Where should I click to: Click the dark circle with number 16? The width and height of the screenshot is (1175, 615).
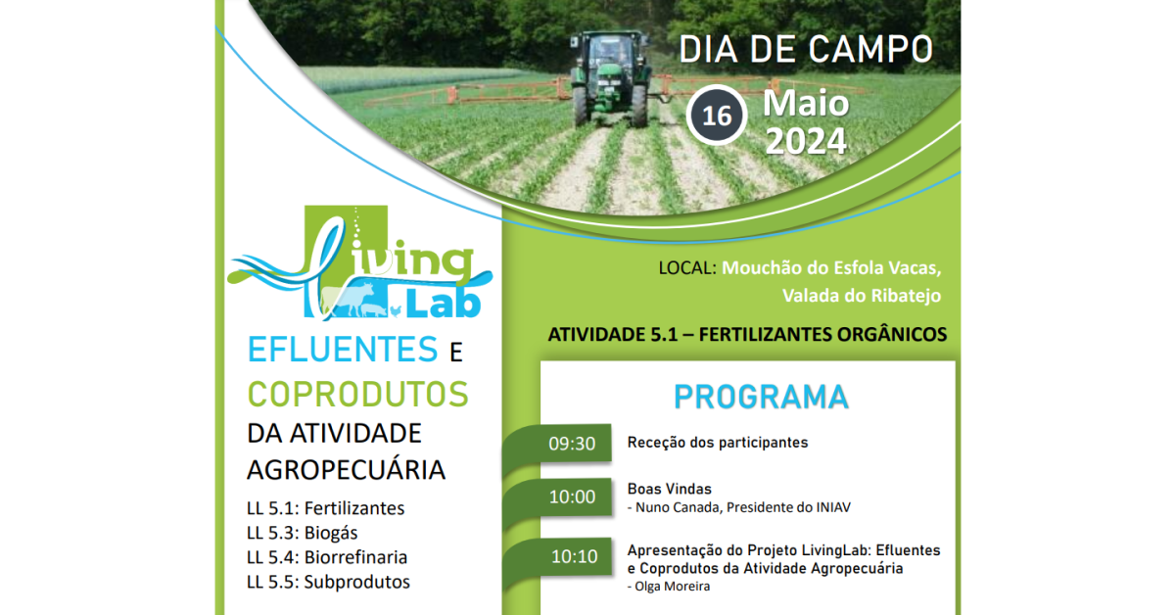click(717, 116)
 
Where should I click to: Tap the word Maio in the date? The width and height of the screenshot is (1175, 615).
click(806, 104)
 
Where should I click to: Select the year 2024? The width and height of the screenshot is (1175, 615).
click(806, 141)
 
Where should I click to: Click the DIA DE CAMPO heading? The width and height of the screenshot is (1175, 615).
click(806, 50)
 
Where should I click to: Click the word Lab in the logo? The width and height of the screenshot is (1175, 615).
click(444, 304)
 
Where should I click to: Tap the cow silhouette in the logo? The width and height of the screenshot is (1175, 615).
click(348, 299)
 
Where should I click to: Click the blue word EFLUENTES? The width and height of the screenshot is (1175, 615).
click(343, 350)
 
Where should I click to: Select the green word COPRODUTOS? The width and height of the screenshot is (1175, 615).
click(357, 395)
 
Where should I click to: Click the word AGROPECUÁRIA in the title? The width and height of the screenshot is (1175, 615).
click(347, 470)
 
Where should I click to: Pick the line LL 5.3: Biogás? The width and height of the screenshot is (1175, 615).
click(303, 533)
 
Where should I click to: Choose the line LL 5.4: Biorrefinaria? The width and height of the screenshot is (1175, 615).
click(327, 557)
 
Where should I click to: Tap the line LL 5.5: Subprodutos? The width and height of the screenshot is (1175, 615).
click(328, 582)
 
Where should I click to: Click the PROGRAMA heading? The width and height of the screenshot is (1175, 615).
click(761, 398)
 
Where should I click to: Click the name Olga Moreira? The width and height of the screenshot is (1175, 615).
click(673, 587)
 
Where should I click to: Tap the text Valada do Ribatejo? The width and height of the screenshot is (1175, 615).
click(862, 296)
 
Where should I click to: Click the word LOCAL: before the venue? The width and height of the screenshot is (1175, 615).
click(687, 268)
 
